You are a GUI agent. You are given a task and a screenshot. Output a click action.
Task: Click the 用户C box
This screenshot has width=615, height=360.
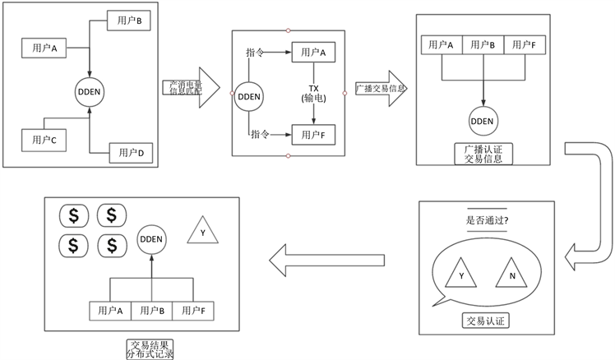[x=43, y=140]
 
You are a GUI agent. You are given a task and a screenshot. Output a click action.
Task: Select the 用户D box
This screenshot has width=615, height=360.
[x=131, y=152]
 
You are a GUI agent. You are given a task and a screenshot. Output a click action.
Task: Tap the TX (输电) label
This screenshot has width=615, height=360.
[x=313, y=93]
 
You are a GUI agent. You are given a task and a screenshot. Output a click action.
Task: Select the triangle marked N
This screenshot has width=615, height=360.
[x=511, y=274]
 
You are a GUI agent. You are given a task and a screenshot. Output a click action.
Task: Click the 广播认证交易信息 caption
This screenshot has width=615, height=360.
[x=483, y=153]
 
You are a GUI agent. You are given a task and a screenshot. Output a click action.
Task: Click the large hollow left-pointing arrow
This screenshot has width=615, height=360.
[x=326, y=260]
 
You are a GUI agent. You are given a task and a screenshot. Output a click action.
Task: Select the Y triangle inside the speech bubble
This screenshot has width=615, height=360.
[x=461, y=274]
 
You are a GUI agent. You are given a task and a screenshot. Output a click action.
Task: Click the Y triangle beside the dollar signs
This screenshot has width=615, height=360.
[x=201, y=232]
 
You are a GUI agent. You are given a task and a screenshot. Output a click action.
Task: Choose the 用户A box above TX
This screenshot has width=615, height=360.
[x=312, y=53]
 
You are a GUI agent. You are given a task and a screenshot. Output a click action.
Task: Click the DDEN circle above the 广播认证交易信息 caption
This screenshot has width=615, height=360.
[x=483, y=121]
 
